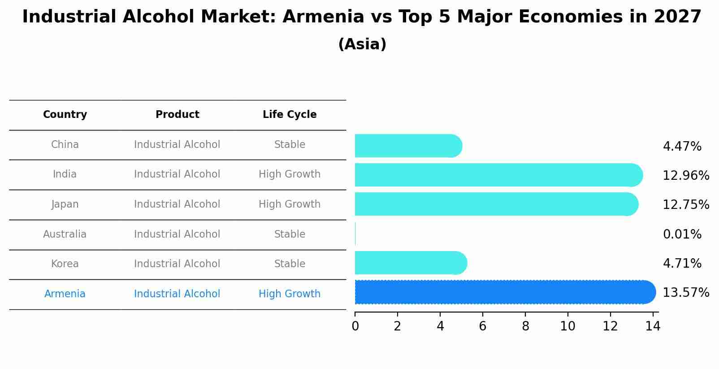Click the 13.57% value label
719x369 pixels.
(685, 293)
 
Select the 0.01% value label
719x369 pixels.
(682, 234)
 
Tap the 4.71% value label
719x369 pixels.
(682, 263)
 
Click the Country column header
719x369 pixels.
(65, 115)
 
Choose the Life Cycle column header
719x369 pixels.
(290, 115)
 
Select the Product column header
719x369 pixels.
(177, 115)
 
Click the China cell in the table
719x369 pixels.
(65, 145)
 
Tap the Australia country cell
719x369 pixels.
(65, 234)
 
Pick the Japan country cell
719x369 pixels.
(65, 204)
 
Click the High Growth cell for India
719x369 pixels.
(290, 174)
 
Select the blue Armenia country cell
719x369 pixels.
(65, 294)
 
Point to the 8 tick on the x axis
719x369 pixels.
(525, 326)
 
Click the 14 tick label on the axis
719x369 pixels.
(653, 326)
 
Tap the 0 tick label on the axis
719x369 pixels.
(355, 326)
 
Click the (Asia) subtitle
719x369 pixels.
(362, 44)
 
